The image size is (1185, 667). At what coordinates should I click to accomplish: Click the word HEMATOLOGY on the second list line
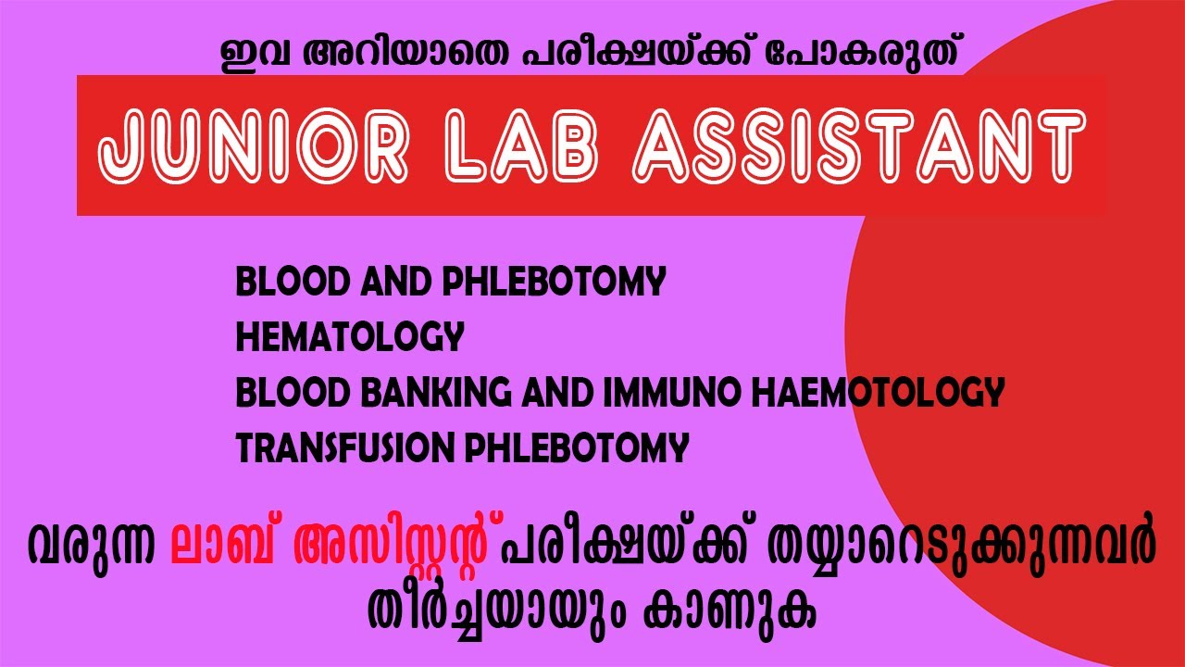(x=349, y=338)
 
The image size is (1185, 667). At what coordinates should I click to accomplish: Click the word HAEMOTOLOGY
(x=886, y=394)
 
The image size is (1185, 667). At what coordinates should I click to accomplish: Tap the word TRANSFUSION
(x=345, y=449)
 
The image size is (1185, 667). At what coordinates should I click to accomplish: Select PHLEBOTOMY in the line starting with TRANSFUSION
(x=576, y=449)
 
